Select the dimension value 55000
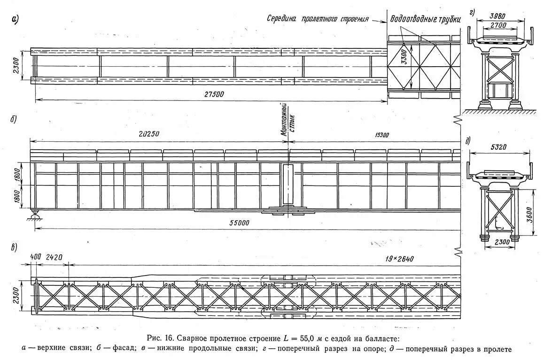click(x=238, y=223)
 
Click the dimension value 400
click(x=35, y=258)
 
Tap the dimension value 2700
click(x=497, y=26)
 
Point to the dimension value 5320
click(x=499, y=147)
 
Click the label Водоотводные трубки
click(x=425, y=20)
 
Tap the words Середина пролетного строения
click(x=318, y=19)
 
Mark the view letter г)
click(x=471, y=13)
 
